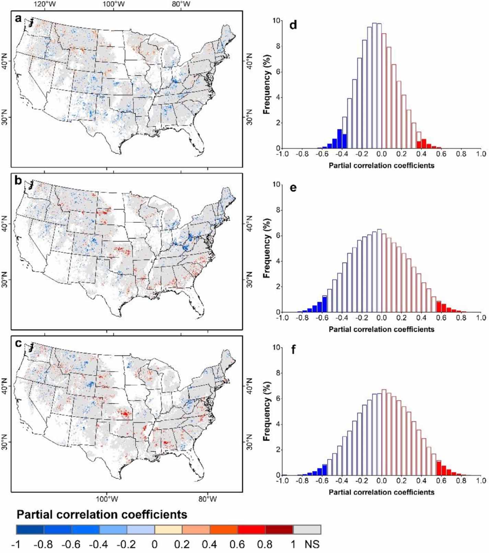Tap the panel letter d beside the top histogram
coord(293,25)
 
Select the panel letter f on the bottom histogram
coord(293,350)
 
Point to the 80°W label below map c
coord(207,499)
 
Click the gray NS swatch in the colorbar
coord(307,529)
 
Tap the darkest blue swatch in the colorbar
coord(30,529)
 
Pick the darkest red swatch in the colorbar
coord(279,529)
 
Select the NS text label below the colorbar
coord(312,544)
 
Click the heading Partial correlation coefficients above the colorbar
coord(102,515)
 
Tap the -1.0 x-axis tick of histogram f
coord(282,481)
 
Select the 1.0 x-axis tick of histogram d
coord(481,154)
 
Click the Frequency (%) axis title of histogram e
coord(267,248)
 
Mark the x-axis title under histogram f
coord(381,492)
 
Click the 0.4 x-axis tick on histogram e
coord(421,318)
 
